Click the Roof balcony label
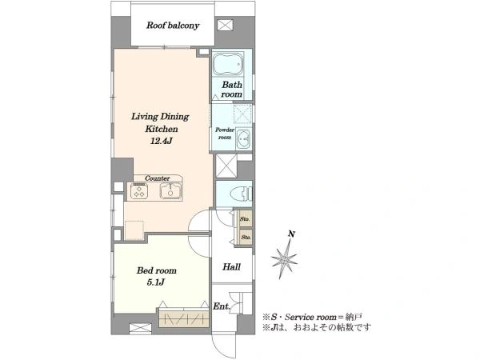pyautogui.click(x=173, y=26)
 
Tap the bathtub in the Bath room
pyautogui.click(x=228, y=64)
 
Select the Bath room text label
pyautogui.click(x=232, y=89)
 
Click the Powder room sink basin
pyautogui.click(x=244, y=140)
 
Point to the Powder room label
pyautogui.click(x=224, y=134)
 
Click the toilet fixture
pyautogui.click(x=241, y=194)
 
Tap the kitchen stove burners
pyautogui.click(x=139, y=191)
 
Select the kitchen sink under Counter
pyautogui.click(x=170, y=190)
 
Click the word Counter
pyautogui.click(x=158, y=178)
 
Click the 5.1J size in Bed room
pyautogui.click(x=156, y=282)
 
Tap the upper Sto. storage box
pyautogui.click(x=246, y=218)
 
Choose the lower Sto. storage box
pyautogui.click(x=246, y=237)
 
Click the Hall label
pyautogui.click(x=231, y=267)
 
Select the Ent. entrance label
pyautogui.click(x=221, y=306)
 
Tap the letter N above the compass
pyautogui.click(x=292, y=234)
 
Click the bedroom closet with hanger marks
pyautogui.click(x=184, y=319)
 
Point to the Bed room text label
pyautogui.click(x=157, y=270)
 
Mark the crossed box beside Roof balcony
pyautogui.click(x=225, y=25)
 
